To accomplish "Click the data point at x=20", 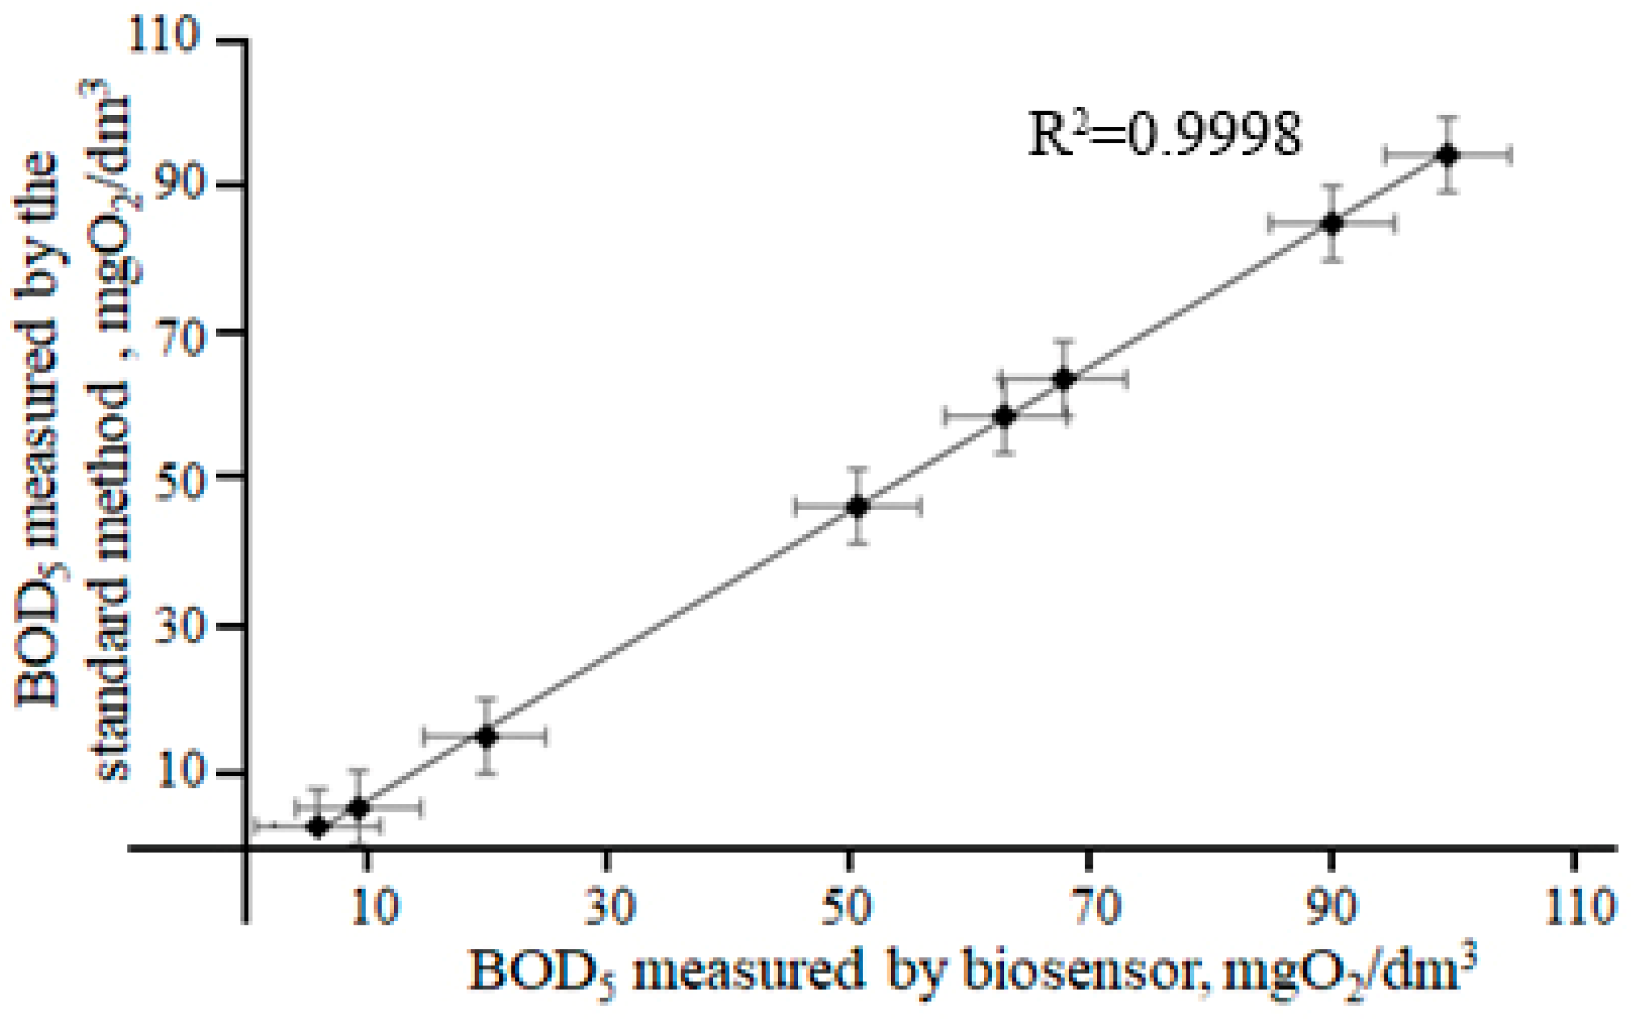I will [486, 736].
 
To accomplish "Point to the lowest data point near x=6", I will [317, 826].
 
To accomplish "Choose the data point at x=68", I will [1063, 379].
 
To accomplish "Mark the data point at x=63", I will [1004, 417].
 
